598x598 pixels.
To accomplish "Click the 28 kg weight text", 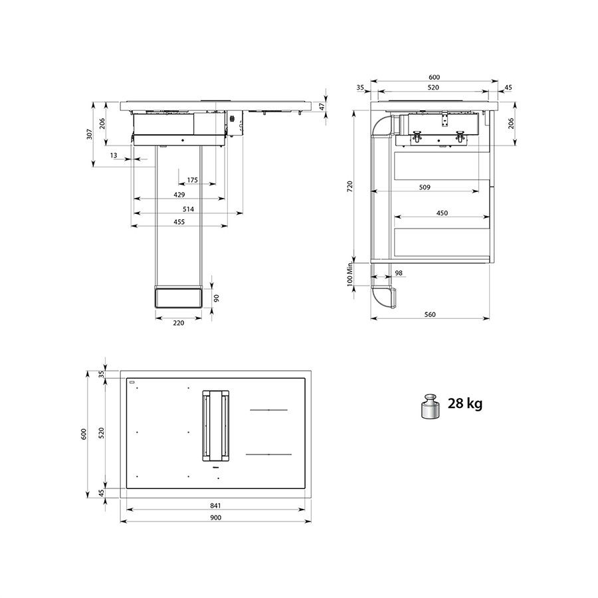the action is point(464,403).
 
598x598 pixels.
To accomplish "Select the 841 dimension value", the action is point(215,506).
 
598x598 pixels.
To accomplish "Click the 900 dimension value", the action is point(215,518).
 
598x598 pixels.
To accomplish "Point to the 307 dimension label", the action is point(89,134).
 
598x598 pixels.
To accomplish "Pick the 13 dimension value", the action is point(113,155).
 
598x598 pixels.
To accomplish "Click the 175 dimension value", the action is point(193,180).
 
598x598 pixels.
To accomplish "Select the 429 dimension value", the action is point(179,195).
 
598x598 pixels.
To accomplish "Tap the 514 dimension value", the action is point(188,209).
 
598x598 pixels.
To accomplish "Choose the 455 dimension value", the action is point(179,221).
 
